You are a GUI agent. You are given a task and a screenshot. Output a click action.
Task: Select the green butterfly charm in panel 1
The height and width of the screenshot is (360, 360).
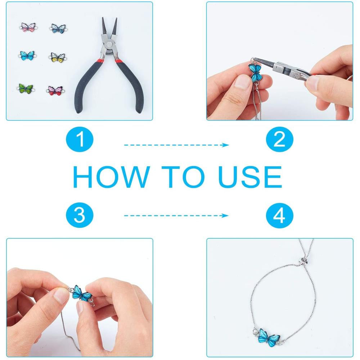[x=26, y=89]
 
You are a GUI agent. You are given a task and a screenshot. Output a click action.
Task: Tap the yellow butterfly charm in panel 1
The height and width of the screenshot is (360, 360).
[x=57, y=57]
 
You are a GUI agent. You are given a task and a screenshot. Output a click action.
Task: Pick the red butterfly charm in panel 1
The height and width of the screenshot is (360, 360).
[x=55, y=91]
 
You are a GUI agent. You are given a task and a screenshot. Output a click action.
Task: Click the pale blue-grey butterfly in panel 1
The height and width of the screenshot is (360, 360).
[x=59, y=28]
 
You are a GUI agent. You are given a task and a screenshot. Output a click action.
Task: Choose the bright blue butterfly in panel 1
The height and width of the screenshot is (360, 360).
[x=27, y=56]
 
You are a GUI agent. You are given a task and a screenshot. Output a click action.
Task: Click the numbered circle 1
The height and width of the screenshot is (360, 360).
[x=80, y=139]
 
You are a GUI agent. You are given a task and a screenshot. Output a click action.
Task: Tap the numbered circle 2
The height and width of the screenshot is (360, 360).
[x=280, y=139]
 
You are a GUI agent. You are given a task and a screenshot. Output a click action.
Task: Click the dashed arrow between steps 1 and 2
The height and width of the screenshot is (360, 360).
[x=176, y=145]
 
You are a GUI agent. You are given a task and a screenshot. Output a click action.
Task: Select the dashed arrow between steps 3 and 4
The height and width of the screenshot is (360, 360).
[x=176, y=216]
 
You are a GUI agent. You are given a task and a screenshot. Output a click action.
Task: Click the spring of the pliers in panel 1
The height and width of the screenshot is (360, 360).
[x=110, y=54]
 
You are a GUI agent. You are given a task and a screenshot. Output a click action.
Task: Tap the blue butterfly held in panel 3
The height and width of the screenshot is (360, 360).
[x=81, y=293]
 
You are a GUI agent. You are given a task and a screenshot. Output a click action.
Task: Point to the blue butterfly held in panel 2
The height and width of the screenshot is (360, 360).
[x=256, y=71]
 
